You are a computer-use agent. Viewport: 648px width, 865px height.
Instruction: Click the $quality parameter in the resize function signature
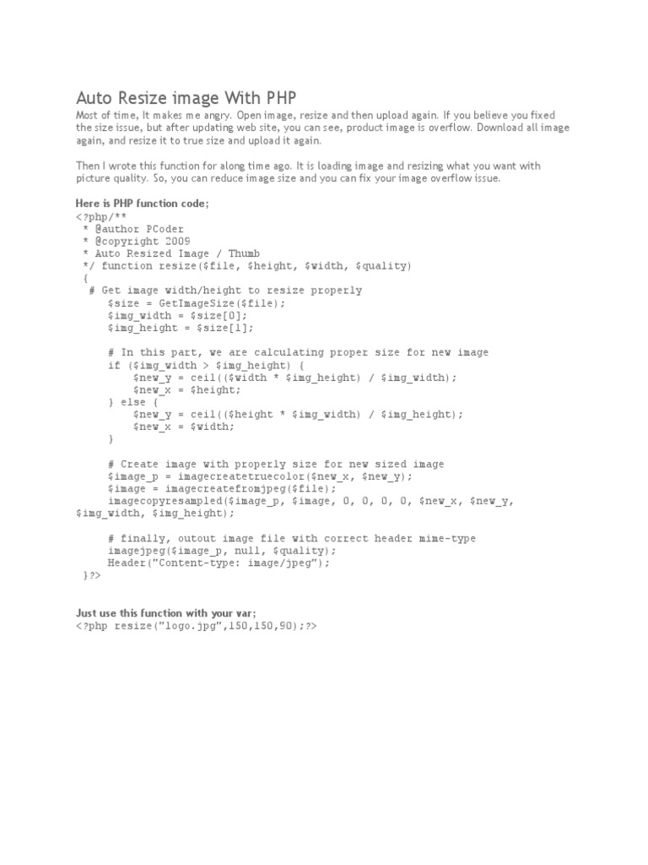pyautogui.click(x=384, y=265)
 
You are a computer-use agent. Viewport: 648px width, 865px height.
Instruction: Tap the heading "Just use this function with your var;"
pyautogui.click(x=165, y=613)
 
